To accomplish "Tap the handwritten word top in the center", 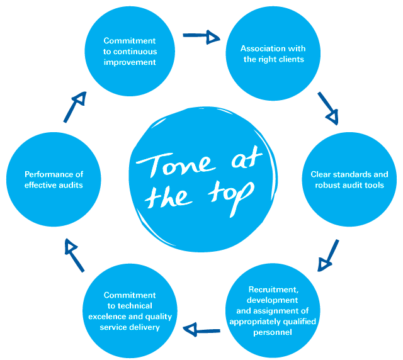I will point(227,191).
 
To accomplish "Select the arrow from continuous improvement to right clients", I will point(201,36).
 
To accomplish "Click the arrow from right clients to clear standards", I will point(329,108).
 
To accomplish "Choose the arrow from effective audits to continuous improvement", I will point(74,107).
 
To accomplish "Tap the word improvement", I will point(130,62).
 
